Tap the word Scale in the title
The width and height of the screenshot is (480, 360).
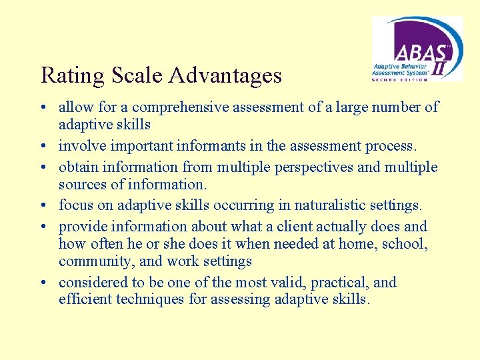pos(137,76)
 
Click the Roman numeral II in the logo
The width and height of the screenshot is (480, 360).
pos(441,67)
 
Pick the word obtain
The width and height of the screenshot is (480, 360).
pos(77,167)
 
